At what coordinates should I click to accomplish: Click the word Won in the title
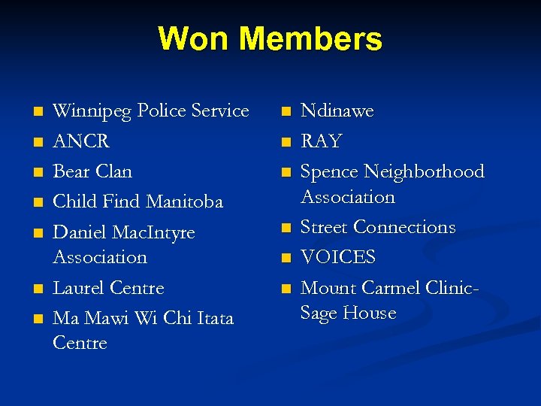[x=192, y=39]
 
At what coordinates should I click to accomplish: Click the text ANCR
[x=81, y=141]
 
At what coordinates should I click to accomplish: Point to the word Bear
[x=71, y=171]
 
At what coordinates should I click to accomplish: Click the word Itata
[x=215, y=318]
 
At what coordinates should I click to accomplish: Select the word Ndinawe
[x=337, y=111]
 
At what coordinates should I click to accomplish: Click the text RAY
[x=321, y=141]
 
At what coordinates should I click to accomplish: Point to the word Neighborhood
[x=425, y=171]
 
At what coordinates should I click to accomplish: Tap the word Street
[x=324, y=227]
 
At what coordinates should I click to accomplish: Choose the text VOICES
[x=337, y=257]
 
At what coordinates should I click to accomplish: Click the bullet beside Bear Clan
[x=38, y=172]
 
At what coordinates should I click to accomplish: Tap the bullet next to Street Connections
[x=285, y=228]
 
